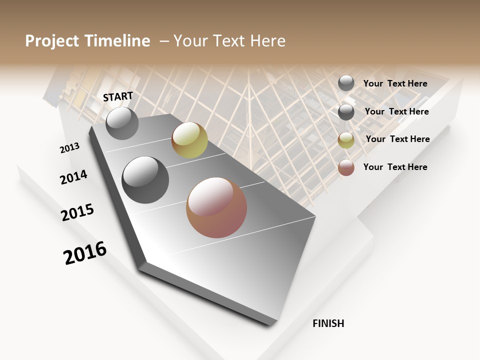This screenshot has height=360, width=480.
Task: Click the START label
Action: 118,96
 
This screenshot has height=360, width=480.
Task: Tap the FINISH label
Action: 328,323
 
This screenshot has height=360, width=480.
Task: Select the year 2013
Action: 70,148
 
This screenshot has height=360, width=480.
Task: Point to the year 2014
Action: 74,177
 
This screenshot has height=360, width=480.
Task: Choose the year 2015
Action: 77,212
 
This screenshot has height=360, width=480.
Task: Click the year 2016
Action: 85,253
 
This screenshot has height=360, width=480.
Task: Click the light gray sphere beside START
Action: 122,123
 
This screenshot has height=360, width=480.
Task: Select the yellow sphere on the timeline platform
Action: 189,140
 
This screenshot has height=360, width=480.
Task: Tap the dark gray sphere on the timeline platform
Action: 145,180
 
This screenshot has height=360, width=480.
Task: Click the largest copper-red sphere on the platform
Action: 216,207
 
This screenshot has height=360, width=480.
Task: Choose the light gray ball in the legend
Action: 346,83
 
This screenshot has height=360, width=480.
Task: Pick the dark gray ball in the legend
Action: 346,112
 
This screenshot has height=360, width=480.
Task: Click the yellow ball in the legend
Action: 346,140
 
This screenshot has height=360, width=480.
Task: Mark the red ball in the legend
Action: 346,167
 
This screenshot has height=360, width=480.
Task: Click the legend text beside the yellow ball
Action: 397,139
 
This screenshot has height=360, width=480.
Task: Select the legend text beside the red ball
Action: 395,167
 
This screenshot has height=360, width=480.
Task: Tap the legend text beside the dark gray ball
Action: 396,111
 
